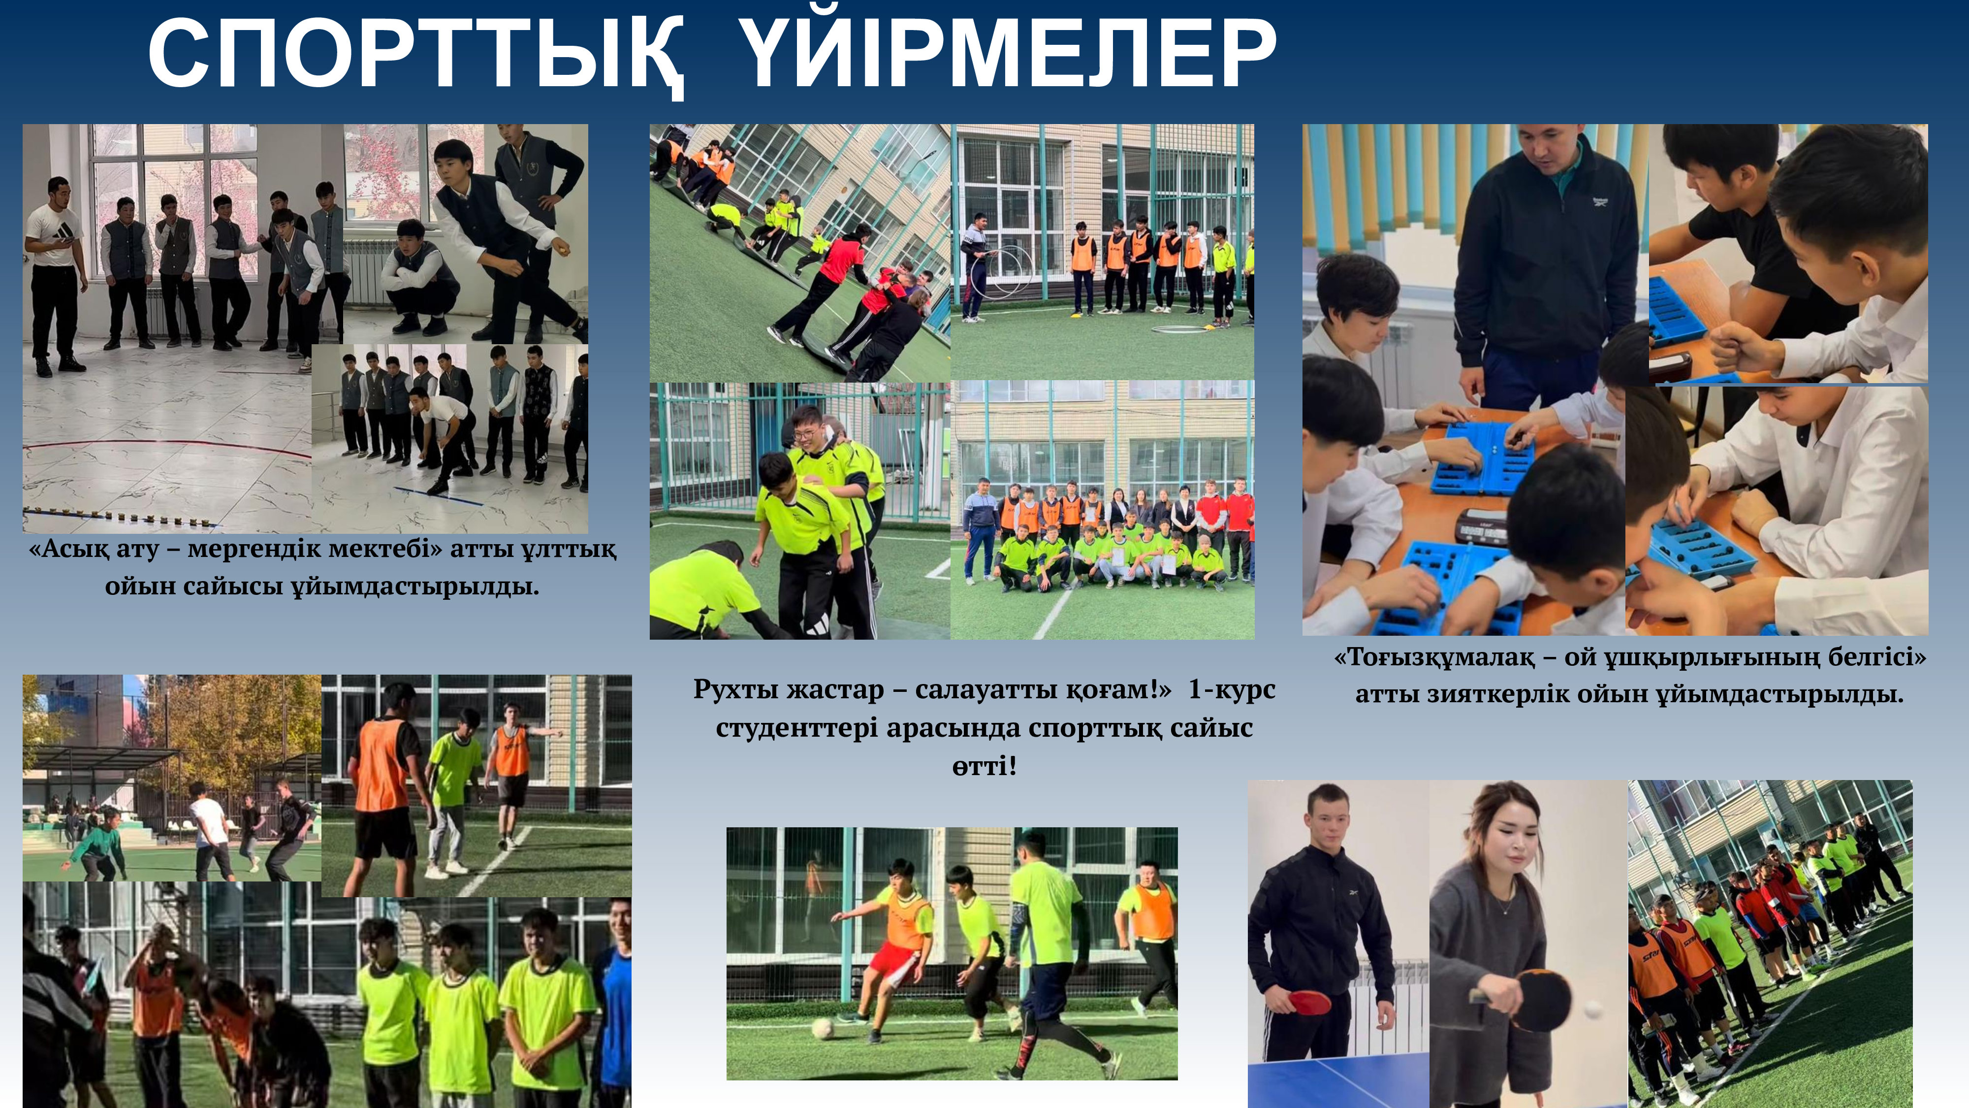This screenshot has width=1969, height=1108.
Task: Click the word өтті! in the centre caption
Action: coord(984,765)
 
